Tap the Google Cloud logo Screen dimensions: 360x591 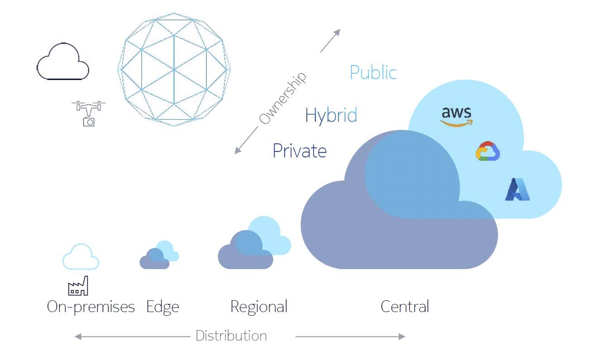coord(487,152)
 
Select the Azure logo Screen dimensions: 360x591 coord(517,189)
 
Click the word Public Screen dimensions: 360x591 coord(373,73)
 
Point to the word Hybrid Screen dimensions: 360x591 coord(331,115)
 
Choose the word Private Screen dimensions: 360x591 coord(299,151)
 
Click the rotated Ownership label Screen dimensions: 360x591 coord(282,98)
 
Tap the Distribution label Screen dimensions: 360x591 coord(231,336)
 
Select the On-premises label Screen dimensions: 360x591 coord(91,307)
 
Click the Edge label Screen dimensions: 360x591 coord(162,307)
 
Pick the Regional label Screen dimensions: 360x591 coord(258,307)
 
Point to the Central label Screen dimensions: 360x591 coord(405,307)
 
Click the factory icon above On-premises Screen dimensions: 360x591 coord(78,286)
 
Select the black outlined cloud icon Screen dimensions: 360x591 coord(62,62)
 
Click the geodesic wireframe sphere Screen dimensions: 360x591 coord(174,69)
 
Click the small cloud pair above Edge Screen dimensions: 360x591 coord(158,256)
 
